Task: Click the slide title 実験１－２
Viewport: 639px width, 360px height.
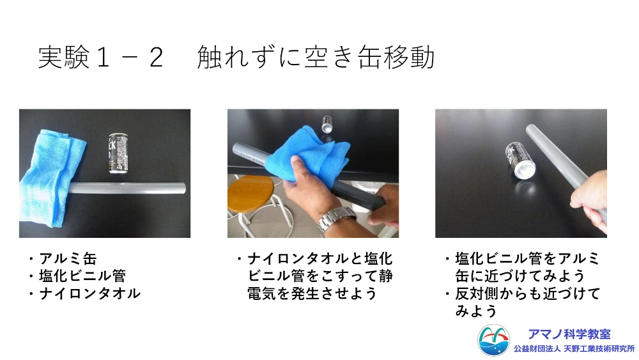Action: click(x=101, y=57)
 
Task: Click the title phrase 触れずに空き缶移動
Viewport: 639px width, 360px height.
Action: click(x=316, y=57)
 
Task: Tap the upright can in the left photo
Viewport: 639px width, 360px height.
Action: click(x=119, y=153)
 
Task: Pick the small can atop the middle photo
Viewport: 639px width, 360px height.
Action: click(x=327, y=124)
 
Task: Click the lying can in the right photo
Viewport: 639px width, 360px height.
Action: click(x=520, y=160)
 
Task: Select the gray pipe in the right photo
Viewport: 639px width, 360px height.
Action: click(x=564, y=167)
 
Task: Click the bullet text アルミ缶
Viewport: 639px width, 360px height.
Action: click(x=68, y=258)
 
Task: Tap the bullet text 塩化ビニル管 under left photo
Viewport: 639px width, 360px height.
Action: click(x=82, y=276)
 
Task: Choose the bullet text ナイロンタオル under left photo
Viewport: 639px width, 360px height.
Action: click(x=89, y=293)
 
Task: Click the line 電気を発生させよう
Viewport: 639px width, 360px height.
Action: click(x=312, y=293)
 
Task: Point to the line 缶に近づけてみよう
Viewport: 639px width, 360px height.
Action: click(x=520, y=276)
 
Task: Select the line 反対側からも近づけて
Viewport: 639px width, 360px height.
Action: click(x=528, y=293)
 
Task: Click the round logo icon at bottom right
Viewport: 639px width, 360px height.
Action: click(x=493, y=340)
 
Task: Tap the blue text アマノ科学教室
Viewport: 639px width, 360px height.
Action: click(x=569, y=334)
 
